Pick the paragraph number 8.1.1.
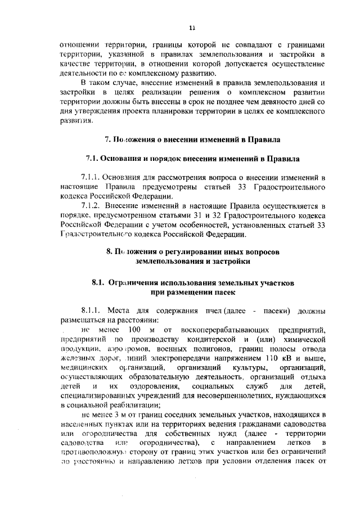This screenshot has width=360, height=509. point(92,311)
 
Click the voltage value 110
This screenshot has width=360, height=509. point(272,359)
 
